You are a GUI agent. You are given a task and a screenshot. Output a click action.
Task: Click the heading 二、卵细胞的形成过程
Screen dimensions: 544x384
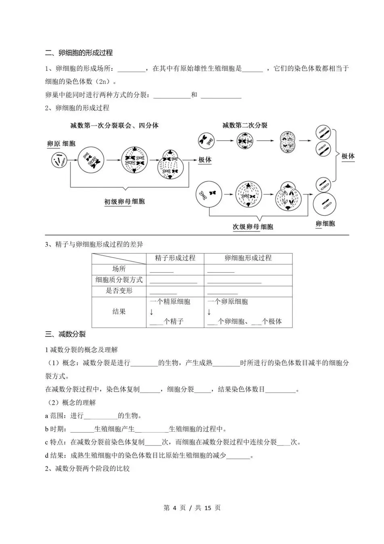[x=79, y=53]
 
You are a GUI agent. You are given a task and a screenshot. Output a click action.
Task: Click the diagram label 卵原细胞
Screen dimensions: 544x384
[x=61, y=143]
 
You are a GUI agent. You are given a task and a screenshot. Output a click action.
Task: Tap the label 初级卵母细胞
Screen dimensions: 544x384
[x=124, y=201]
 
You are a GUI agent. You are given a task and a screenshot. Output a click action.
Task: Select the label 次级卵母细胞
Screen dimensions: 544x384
[x=253, y=227]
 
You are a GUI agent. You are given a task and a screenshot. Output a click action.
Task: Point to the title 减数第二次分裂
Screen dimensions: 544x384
[x=244, y=125]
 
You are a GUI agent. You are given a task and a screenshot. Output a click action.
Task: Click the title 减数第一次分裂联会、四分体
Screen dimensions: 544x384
[x=114, y=126]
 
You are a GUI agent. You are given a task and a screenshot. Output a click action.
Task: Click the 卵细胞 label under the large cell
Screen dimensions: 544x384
[x=325, y=224]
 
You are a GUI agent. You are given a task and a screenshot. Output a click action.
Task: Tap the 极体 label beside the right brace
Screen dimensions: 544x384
[x=348, y=156]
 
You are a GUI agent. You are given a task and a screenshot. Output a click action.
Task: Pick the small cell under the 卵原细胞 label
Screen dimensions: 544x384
[x=59, y=160]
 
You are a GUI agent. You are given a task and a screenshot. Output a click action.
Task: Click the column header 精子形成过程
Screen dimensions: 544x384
[x=175, y=258]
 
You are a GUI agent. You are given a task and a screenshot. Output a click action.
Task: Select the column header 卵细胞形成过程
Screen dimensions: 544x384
[x=248, y=258]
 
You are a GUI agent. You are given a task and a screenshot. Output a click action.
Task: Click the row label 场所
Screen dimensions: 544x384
[x=119, y=269]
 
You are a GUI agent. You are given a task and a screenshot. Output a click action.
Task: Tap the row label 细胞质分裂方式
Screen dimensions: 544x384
[x=119, y=280]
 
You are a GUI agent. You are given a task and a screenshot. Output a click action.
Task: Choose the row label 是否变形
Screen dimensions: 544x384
[x=119, y=291]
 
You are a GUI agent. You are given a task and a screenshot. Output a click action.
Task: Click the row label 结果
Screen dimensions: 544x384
[x=119, y=311]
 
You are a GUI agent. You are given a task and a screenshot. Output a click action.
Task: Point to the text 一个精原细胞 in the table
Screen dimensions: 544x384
[x=170, y=302]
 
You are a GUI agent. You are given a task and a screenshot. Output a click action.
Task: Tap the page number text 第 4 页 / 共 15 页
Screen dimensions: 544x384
[x=192, y=508]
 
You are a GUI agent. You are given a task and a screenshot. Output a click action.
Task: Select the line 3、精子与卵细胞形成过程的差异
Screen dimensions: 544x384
[x=94, y=244]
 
